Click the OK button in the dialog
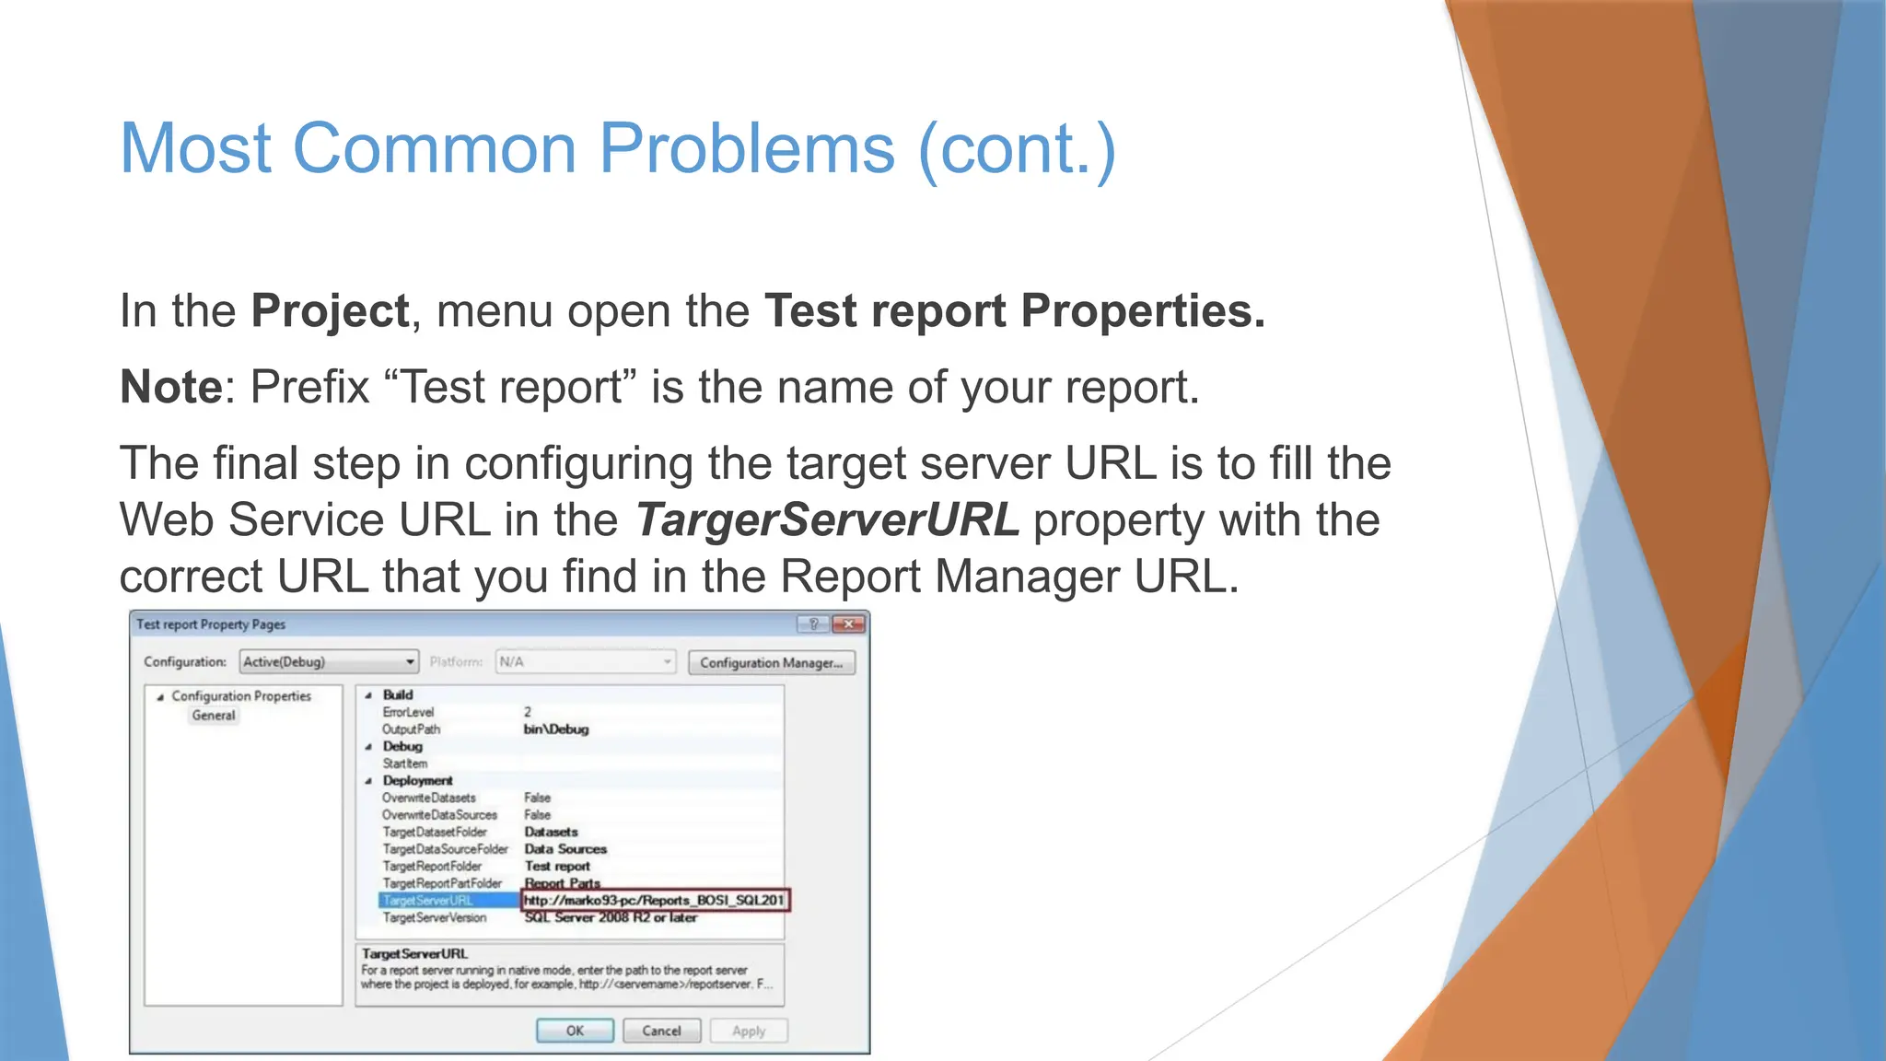[575, 1031]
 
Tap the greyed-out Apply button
[749, 1031]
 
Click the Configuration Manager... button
[771, 662]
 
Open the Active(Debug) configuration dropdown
[329, 661]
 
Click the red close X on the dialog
[848, 624]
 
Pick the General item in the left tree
[214, 716]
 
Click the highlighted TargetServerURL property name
[428, 901]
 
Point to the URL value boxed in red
[655, 900]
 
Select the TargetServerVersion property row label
[435, 917]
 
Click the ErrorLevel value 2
[528, 712]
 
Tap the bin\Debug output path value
[556, 729]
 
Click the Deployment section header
[418, 780]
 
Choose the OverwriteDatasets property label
[429, 798]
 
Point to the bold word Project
[330, 310]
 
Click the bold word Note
[171, 387]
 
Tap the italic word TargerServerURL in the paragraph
[827, 519]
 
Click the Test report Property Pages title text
[211, 624]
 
